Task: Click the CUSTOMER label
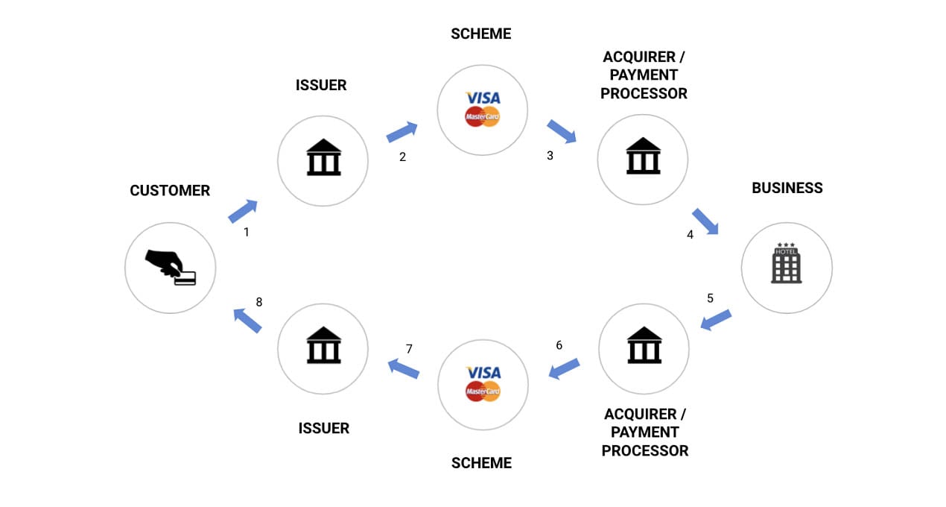point(170,191)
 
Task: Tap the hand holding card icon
point(171,268)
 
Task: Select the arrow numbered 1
point(243,211)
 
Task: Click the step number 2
point(402,157)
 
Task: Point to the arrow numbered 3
point(562,131)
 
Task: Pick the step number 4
point(690,234)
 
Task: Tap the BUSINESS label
point(787,188)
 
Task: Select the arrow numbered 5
point(715,320)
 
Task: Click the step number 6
point(559,345)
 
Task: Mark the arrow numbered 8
point(247,321)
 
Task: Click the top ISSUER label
point(322,85)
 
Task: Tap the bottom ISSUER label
point(324,428)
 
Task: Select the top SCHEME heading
point(481,34)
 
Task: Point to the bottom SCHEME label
point(481,463)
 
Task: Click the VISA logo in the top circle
point(483,98)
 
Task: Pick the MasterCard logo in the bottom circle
point(483,391)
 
